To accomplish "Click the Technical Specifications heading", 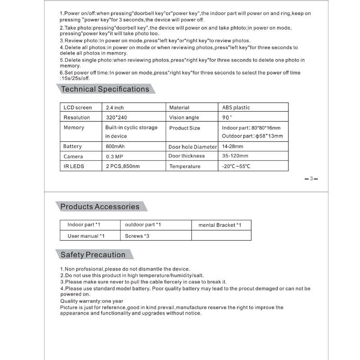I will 105,89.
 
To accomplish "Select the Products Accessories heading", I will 100,207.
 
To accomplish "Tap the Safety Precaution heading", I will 93,255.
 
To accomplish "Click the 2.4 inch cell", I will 115,108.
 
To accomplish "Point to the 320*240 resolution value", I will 117,117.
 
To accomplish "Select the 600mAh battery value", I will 116,147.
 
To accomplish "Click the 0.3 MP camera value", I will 115,157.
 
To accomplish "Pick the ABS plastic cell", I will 236,108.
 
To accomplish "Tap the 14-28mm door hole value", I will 233,147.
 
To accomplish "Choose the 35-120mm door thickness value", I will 235,156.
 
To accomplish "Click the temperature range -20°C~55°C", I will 236,166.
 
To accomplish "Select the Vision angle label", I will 184,117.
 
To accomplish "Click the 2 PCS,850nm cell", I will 123,166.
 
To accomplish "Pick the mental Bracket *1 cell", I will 220,225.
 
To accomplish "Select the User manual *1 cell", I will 86,236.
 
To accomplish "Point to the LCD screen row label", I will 77,108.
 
